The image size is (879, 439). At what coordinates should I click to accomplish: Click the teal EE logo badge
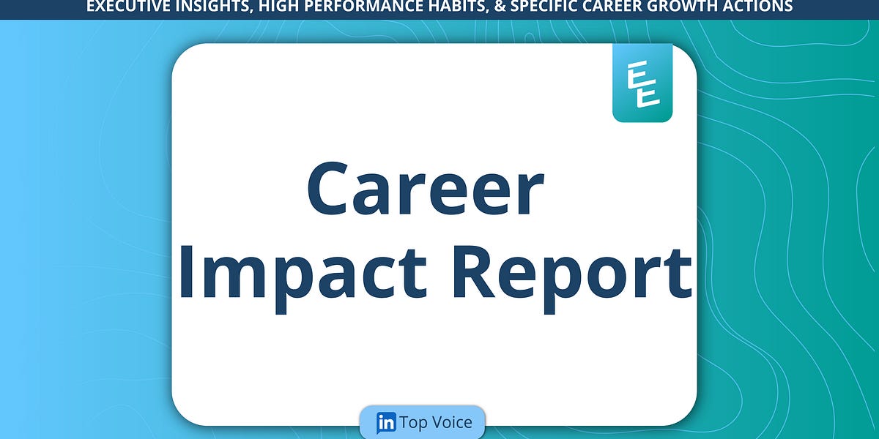642,83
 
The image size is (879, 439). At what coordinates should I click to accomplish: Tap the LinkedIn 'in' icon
386,423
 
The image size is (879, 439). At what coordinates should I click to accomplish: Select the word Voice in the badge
454,423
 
